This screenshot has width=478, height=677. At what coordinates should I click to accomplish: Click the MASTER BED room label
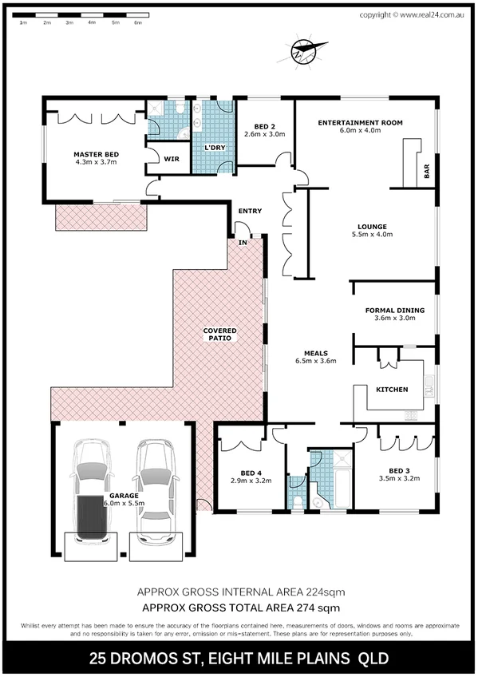pos(97,154)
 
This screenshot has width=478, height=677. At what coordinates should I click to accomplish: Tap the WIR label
pos(171,159)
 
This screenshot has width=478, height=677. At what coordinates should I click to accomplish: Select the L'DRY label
pos(214,148)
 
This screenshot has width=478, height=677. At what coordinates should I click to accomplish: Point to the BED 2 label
pos(265,127)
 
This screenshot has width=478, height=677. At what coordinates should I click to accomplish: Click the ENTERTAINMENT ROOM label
pos(360,122)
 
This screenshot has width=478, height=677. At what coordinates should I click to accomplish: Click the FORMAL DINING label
pos(394,310)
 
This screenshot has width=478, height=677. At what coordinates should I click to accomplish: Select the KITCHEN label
pos(392,390)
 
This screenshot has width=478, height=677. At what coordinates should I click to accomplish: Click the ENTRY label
pos(250,211)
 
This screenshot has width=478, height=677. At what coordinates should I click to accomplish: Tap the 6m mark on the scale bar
pos(138,23)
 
